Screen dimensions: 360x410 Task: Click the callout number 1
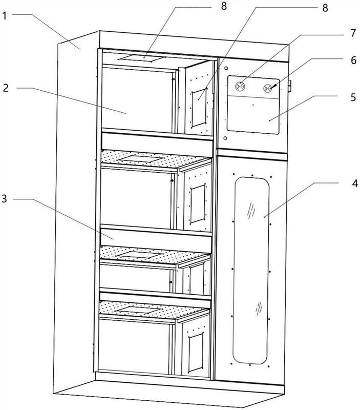pos(4,16)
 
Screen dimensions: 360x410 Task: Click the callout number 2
pos(6,88)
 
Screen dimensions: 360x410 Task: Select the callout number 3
pos(4,199)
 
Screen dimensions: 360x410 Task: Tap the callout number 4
pos(354,183)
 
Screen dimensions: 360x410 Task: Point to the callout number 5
pos(353,97)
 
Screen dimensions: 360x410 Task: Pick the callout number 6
pos(353,60)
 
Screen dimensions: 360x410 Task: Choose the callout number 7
pos(353,33)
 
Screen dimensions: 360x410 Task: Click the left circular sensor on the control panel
pos(240,86)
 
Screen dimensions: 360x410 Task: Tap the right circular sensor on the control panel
pos(267,88)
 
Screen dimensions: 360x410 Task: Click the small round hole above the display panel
pos(226,69)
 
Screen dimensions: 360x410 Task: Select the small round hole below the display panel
pos(225,138)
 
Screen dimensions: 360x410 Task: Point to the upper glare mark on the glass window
pos(251,211)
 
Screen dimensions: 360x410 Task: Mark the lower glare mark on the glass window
pos(259,308)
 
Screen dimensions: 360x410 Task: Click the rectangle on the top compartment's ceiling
pos(142,58)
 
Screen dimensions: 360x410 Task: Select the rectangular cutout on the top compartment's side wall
pos(199,108)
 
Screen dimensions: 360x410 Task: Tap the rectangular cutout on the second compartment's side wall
pos(198,203)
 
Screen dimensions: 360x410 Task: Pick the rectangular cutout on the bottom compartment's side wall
pos(196,352)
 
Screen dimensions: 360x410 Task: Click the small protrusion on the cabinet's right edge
pos(289,86)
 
